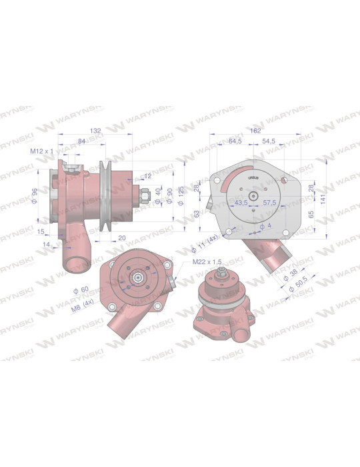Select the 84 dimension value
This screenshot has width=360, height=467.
coord(81,141)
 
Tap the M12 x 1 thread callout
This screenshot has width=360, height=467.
coord(42,151)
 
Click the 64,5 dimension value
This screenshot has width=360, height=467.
coord(235,141)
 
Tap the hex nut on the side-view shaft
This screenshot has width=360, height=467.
coord(143,197)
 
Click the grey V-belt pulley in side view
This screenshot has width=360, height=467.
coord(105,196)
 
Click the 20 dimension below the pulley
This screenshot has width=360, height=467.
coord(122,238)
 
